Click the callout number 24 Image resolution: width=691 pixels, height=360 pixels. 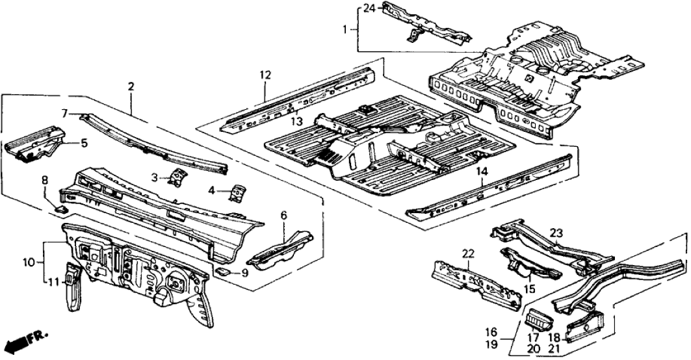pyautogui.click(x=369, y=8)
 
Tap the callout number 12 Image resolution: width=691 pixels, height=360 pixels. pyautogui.click(x=265, y=75)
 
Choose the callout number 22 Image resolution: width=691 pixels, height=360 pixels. pyautogui.click(x=469, y=253)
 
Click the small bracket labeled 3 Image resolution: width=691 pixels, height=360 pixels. pyautogui.click(x=177, y=176)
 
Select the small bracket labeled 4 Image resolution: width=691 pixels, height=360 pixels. pyautogui.click(x=238, y=193)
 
